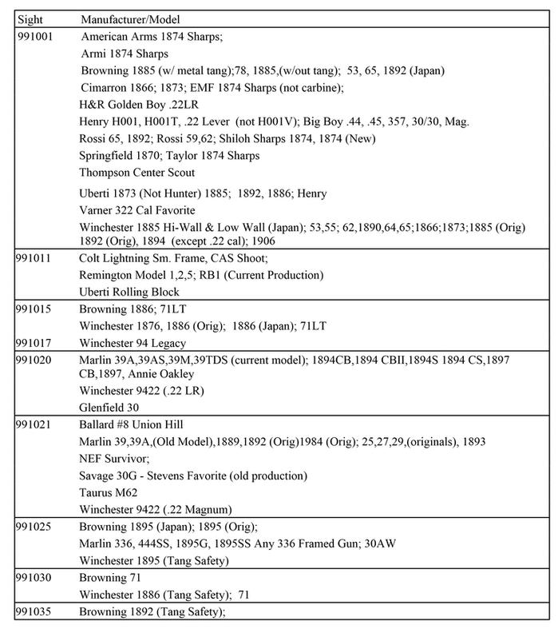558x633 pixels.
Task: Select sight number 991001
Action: click(x=35, y=37)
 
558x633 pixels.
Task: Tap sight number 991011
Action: click(x=35, y=259)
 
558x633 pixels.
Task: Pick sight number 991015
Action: click(x=35, y=308)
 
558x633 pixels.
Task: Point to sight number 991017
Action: click(x=35, y=342)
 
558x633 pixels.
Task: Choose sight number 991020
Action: click(x=35, y=360)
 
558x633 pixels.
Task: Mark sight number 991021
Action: click(x=35, y=425)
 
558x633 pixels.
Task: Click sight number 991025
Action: click(x=35, y=527)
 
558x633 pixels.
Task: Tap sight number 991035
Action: click(x=35, y=611)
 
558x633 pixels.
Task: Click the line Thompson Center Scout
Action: click(x=137, y=172)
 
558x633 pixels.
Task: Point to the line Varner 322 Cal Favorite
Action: click(x=137, y=210)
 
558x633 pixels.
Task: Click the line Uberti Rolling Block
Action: click(x=129, y=292)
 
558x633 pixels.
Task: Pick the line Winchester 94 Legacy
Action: click(x=133, y=342)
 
